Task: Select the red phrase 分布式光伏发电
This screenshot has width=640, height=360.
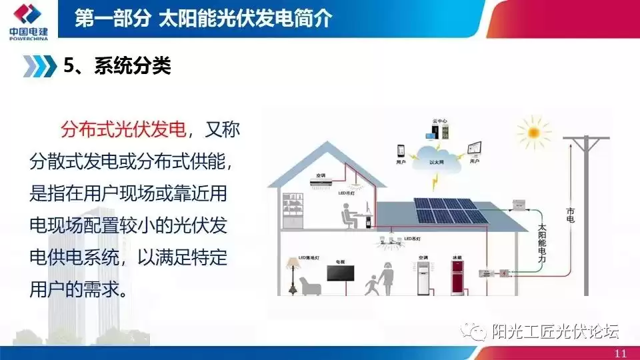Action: [x=123, y=129]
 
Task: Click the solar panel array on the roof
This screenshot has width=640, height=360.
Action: [x=447, y=210]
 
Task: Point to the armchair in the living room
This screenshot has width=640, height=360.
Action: [x=311, y=286]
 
